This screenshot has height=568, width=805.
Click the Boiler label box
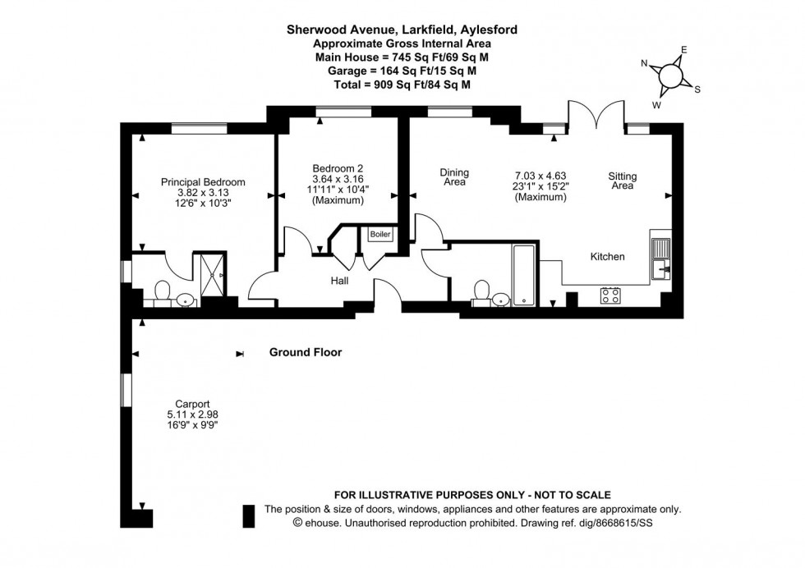pyautogui.click(x=380, y=235)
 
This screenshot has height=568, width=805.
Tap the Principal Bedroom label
pyautogui.click(x=203, y=182)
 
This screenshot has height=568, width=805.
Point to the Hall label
pyautogui.click(x=339, y=281)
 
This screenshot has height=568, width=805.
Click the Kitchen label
pyautogui.click(x=608, y=257)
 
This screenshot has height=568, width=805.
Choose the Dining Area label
pyautogui.click(x=454, y=177)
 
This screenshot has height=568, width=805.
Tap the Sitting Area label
pyautogui.click(x=622, y=181)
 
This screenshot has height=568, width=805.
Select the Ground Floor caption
pyautogui.click(x=306, y=353)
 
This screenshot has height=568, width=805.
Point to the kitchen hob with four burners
pyautogui.click(x=610, y=295)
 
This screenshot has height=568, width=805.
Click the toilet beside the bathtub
pyautogui.click(x=481, y=293)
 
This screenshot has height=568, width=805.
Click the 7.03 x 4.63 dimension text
pyautogui.click(x=540, y=176)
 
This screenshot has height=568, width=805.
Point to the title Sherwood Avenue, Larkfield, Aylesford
pyautogui.click(x=402, y=30)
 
